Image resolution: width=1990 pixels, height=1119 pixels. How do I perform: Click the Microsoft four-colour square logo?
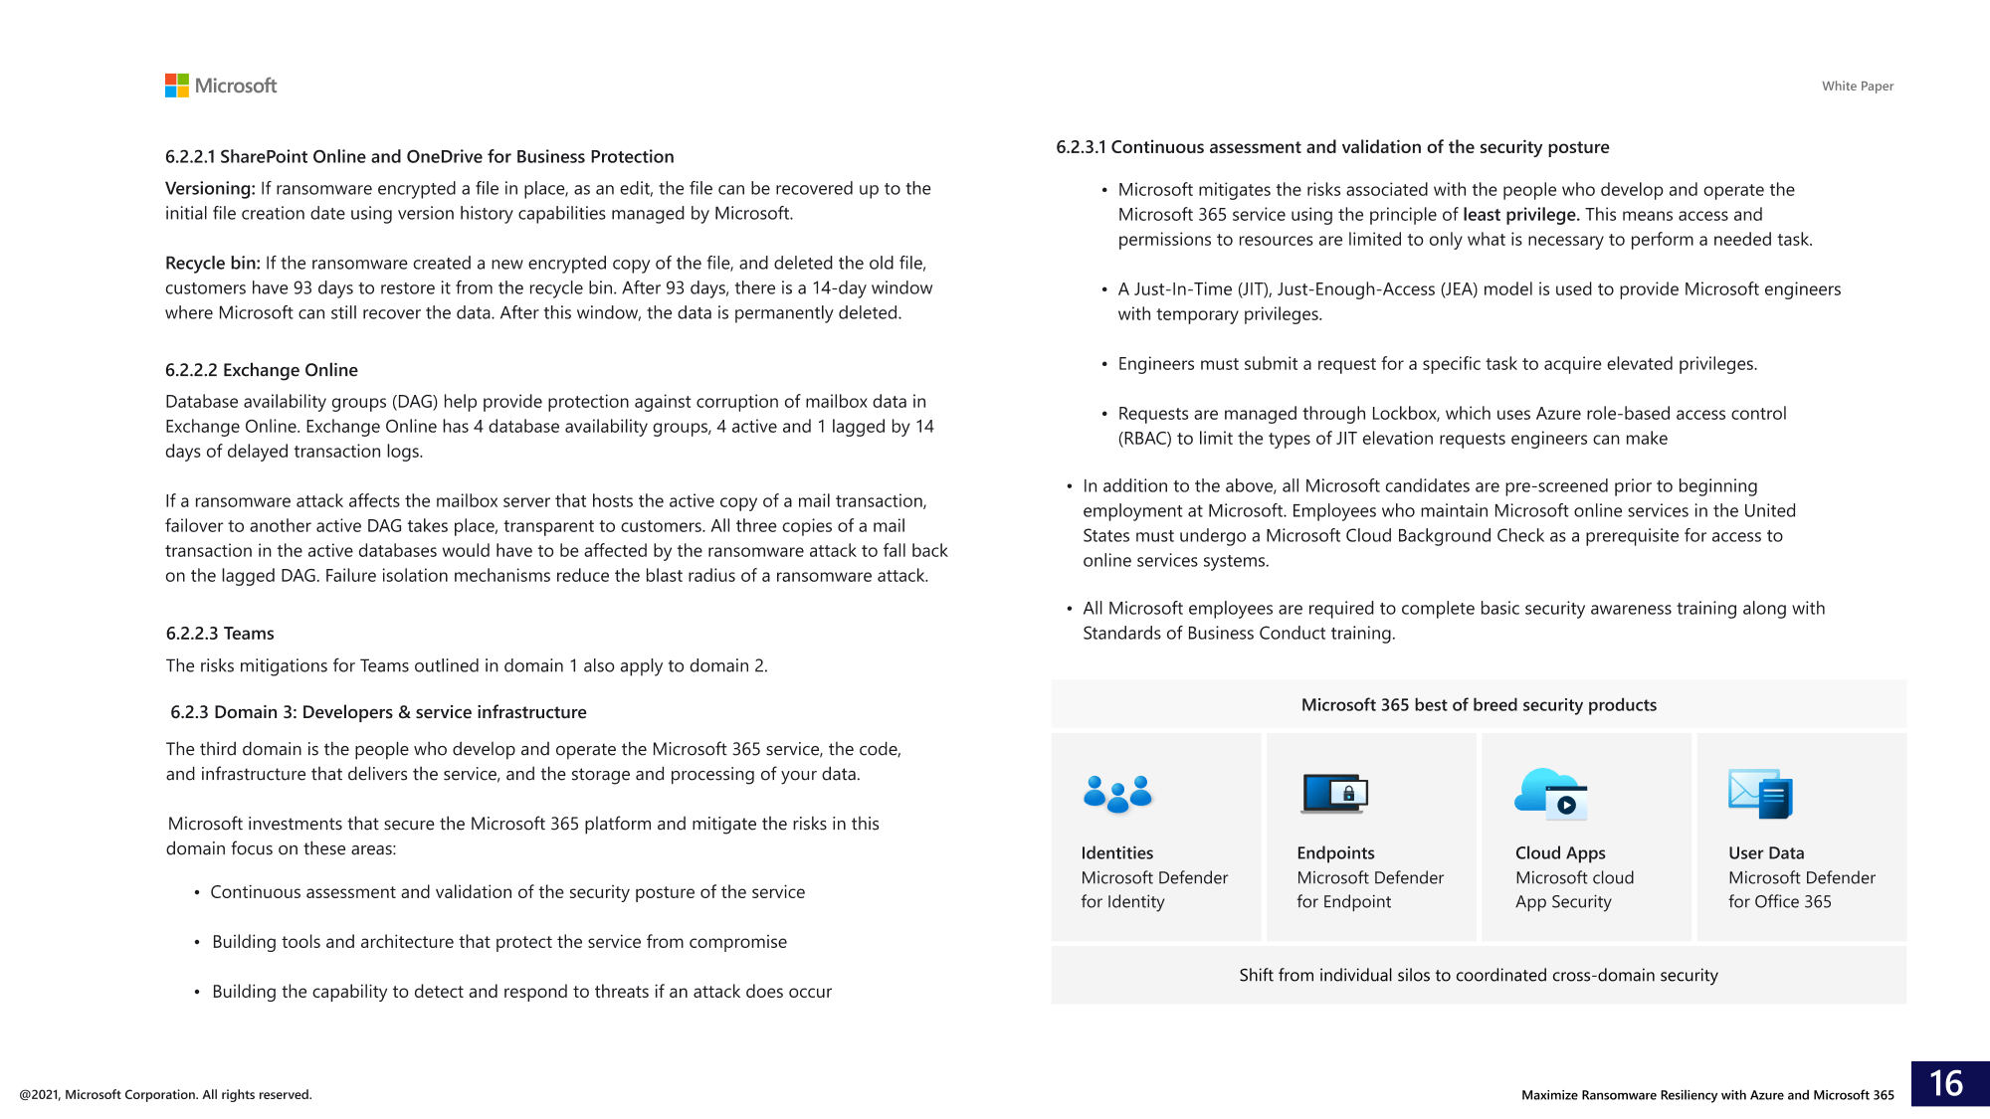point(177,86)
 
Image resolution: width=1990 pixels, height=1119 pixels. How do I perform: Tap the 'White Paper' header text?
point(1857,87)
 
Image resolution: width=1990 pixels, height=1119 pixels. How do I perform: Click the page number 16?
point(1945,1083)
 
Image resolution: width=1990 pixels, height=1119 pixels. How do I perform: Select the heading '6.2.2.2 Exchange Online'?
point(262,370)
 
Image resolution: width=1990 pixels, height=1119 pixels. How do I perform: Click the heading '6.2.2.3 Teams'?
point(220,634)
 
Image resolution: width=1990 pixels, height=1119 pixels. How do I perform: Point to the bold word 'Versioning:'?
point(210,189)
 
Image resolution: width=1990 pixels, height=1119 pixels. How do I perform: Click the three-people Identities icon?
point(1117,794)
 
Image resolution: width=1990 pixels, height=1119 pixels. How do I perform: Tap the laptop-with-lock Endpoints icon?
point(1334,794)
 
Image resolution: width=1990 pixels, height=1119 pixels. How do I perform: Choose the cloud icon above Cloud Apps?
point(1550,794)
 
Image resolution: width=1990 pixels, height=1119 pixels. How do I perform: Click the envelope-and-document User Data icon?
point(1760,794)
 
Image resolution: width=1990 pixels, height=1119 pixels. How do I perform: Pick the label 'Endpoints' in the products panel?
point(1335,853)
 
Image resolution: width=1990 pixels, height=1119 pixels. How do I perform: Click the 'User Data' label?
point(1766,853)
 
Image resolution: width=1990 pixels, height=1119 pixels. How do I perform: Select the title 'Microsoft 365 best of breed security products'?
point(1479,705)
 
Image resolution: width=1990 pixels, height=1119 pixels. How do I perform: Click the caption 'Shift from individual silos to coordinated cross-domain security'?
point(1479,976)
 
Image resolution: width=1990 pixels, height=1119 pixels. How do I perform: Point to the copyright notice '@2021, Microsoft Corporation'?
point(165,1095)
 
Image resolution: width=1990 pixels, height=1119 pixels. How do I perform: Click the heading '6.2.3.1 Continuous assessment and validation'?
point(1332,147)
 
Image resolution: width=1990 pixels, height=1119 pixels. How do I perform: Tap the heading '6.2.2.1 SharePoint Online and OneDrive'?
point(419,157)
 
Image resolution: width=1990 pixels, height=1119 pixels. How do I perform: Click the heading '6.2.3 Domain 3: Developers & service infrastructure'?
point(378,712)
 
